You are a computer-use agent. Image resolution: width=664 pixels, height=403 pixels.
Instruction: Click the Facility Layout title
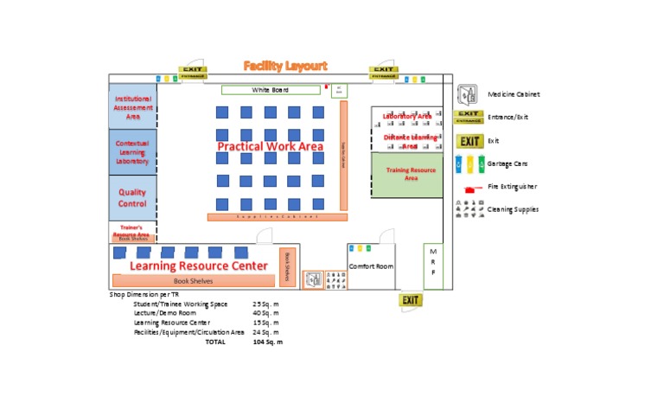[285, 66]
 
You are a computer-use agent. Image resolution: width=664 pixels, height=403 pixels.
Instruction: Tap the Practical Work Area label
[270, 146]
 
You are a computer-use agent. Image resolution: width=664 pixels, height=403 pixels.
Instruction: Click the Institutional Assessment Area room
[133, 107]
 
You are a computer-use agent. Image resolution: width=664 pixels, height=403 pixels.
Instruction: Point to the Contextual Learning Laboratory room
[133, 152]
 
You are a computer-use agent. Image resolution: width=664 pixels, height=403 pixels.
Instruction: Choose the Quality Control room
[133, 198]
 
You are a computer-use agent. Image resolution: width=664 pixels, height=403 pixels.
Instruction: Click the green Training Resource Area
[407, 175]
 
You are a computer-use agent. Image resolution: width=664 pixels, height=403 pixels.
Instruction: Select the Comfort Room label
[371, 266]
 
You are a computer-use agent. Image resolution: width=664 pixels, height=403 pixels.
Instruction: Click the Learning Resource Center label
[199, 265]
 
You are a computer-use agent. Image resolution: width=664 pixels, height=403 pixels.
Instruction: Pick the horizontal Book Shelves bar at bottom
[193, 280]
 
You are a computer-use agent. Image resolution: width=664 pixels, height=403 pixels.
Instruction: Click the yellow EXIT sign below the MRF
[411, 300]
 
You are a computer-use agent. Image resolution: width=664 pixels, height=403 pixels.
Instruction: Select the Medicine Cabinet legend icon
[468, 94]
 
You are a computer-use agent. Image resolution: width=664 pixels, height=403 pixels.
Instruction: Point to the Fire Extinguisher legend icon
[469, 187]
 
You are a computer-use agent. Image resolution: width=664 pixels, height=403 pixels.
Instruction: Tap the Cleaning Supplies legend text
[514, 209]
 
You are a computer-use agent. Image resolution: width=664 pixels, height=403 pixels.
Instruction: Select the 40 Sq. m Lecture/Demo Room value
[265, 313]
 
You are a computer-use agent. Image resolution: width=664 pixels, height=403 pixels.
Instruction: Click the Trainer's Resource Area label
[131, 231]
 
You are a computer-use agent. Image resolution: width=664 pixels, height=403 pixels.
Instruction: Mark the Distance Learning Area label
[411, 140]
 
